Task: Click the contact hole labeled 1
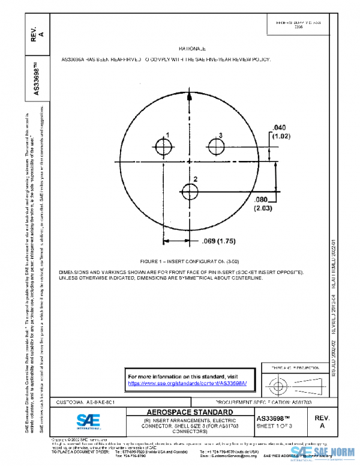coord(163,147)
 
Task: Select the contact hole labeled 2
coord(190,192)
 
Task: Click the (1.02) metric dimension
coord(281,136)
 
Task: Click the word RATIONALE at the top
coord(193,49)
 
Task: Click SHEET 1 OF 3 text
coord(274,426)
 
